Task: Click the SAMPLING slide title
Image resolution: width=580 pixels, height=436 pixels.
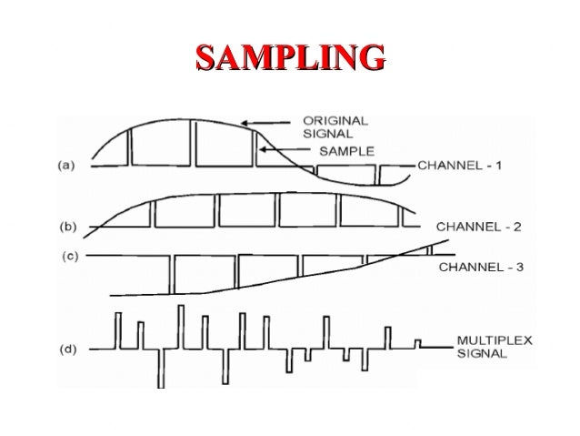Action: click(x=290, y=57)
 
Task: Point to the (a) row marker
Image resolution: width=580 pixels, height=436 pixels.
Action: click(x=66, y=166)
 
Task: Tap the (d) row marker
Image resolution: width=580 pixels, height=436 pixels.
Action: click(x=66, y=347)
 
